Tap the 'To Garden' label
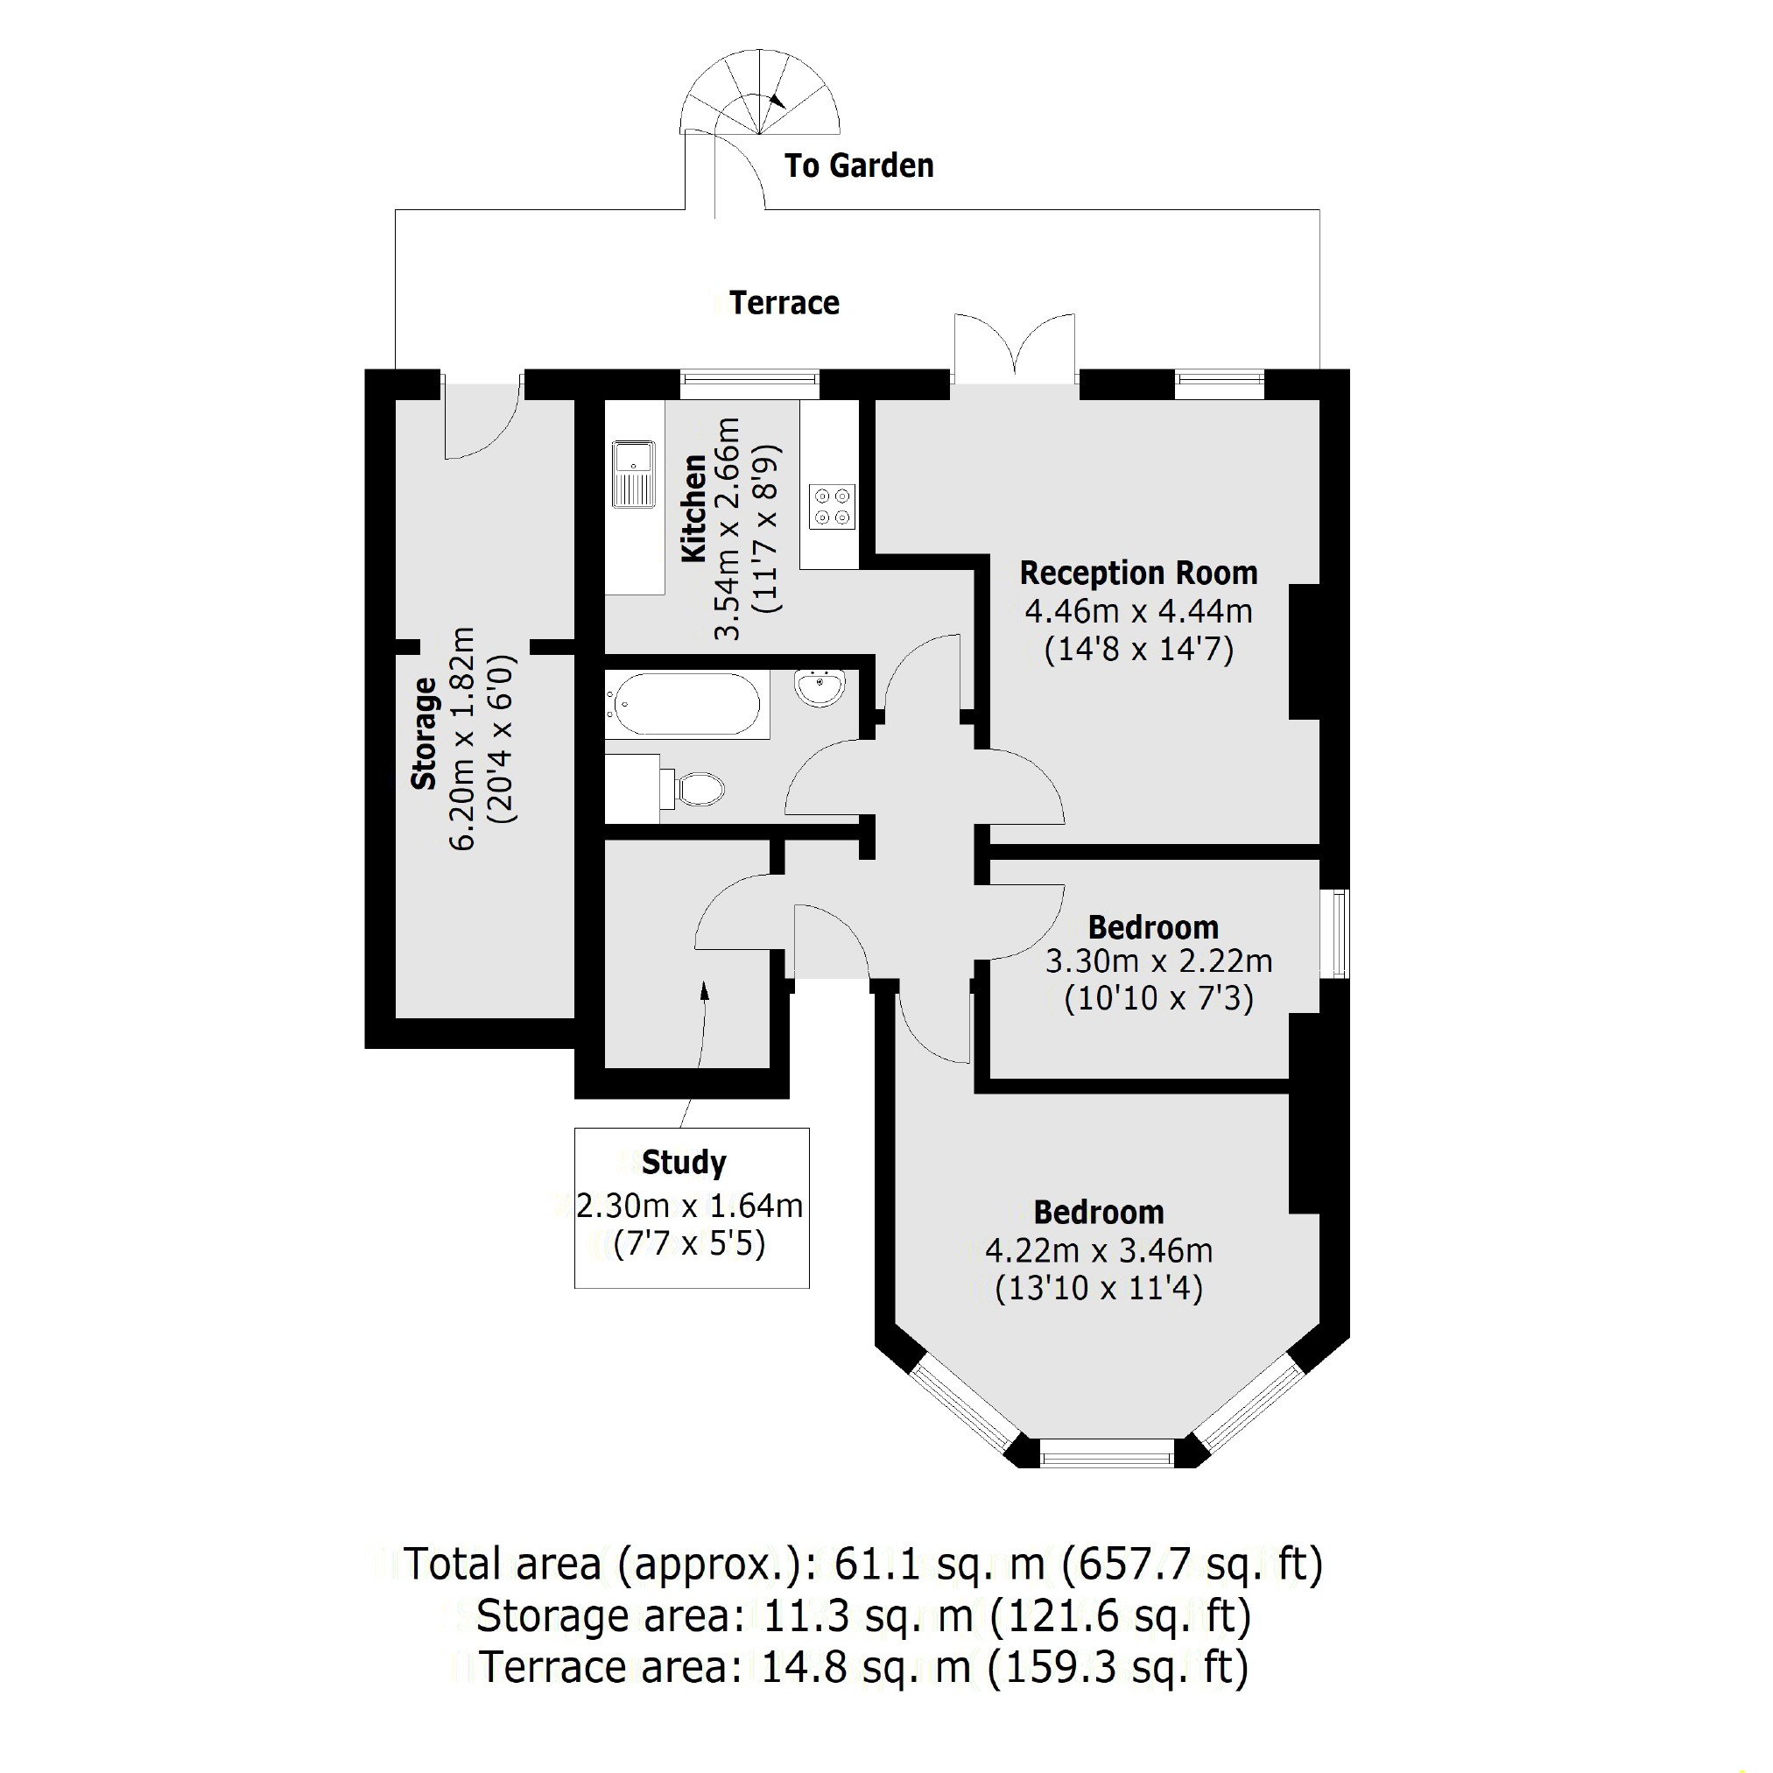[859, 166]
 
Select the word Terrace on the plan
[784, 303]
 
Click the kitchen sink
[633, 474]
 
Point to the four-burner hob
[832, 507]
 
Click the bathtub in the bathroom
[686, 705]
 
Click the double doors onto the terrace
[1014, 350]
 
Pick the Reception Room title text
[1138, 573]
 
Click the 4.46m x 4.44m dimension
[1138, 611]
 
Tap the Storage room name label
[423, 735]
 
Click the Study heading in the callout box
[684, 1163]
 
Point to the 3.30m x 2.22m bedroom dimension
[1158, 961]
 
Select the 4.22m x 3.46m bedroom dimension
[1099, 1251]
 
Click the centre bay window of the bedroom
[1107, 1453]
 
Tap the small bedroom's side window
[1340, 932]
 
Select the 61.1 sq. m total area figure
[938, 1564]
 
